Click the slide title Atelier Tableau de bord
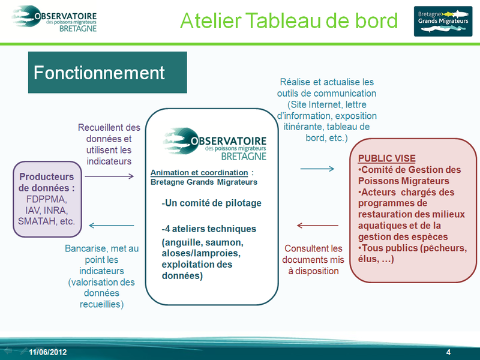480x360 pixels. (x=289, y=21)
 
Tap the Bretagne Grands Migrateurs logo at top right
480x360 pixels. (x=443, y=21)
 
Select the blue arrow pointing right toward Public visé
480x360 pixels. (x=317, y=169)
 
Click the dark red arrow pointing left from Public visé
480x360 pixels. (x=317, y=226)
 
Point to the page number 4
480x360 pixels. (x=448, y=351)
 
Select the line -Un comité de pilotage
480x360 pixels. (x=211, y=203)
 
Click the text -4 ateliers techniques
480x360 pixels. (x=209, y=229)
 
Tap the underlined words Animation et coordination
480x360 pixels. (x=199, y=173)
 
